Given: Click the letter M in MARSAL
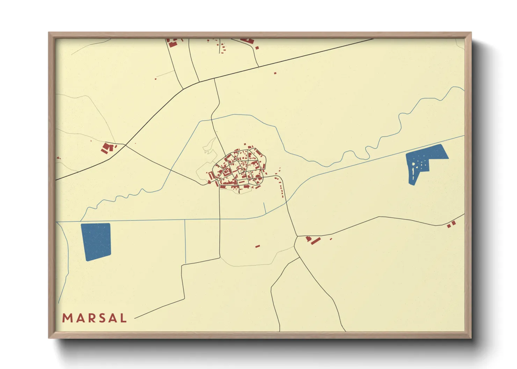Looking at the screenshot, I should click(x=67, y=318).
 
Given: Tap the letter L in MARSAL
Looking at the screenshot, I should click(x=123, y=318).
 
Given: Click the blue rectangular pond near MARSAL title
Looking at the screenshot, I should click(x=96, y=241).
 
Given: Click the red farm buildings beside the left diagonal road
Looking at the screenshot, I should click(x=108, y=148).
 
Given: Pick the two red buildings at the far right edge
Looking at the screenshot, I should click(x=451, y=224).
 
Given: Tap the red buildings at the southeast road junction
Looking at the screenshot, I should click(x=313, y=240).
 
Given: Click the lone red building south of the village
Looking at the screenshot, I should click(x=257, y=246).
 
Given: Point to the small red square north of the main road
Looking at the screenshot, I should click(x=275, y=73).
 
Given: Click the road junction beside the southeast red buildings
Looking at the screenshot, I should click(x=297, y=237).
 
